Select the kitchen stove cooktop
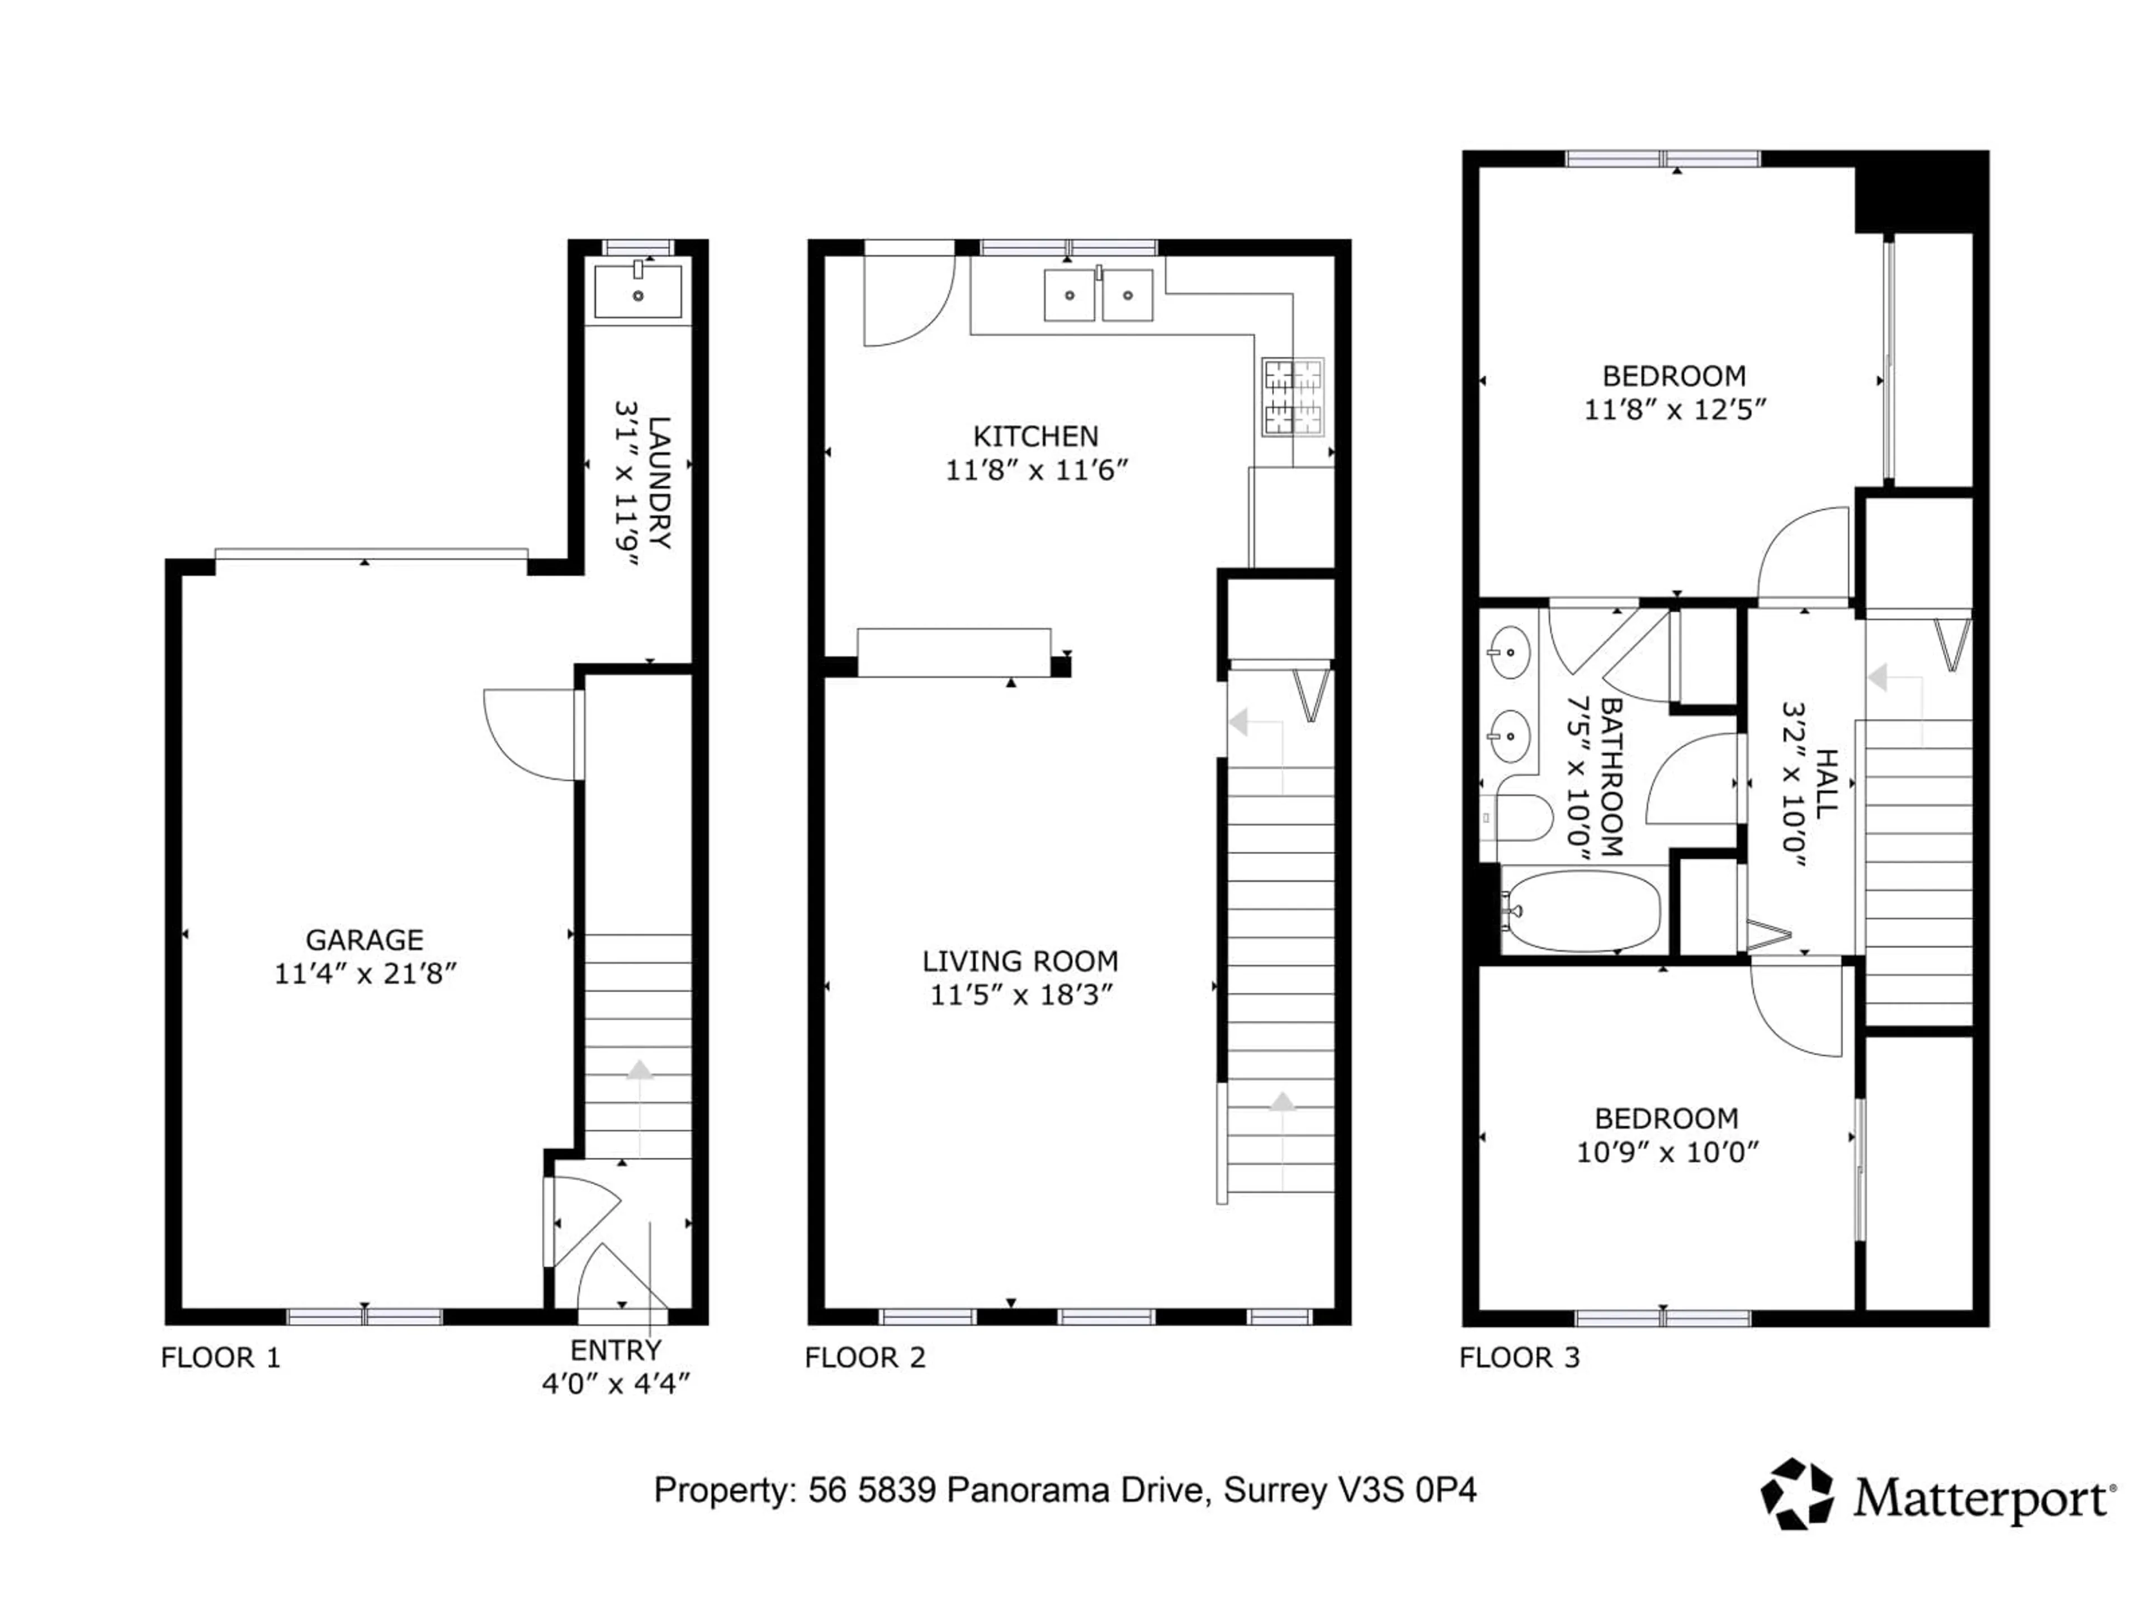click(1293, 397)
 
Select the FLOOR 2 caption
click(865, 1358)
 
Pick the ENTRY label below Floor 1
click(616, 1351)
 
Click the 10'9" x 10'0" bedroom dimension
click(1667, 1153)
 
